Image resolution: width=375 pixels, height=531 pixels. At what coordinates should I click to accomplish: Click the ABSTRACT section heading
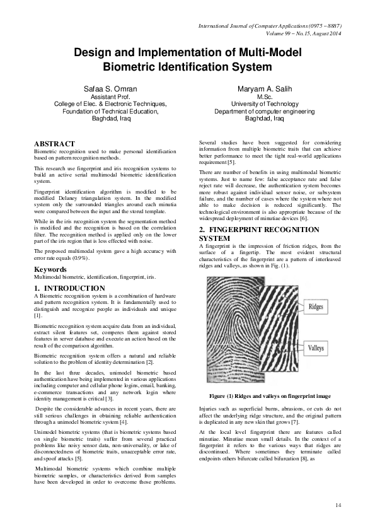54,144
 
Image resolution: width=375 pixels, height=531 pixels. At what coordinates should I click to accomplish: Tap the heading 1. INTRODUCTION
69,288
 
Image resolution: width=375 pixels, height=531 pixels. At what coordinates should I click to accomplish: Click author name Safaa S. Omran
110,89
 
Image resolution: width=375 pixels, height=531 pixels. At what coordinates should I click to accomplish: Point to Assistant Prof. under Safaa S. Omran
110,97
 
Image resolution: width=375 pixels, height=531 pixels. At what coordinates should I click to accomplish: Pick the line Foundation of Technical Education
110,111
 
